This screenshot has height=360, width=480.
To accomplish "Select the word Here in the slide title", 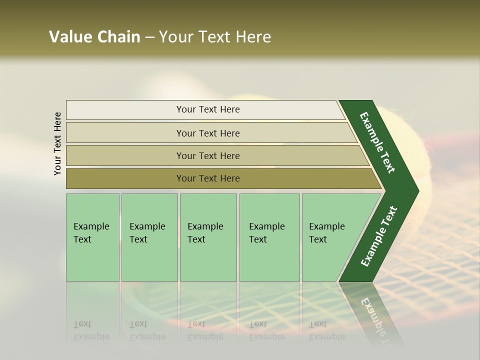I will [253, 37].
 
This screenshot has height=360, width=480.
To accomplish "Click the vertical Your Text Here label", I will [57, 144].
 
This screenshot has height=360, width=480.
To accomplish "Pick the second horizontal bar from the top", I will [207, 133].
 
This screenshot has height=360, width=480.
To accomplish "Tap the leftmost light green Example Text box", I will [92, 237].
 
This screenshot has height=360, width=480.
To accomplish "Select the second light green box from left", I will [149, 237].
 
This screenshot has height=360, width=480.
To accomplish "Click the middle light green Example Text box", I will [208, 237].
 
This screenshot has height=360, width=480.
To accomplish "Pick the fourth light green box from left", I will [269, 237].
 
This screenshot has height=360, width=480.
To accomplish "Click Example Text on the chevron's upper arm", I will [377, 142].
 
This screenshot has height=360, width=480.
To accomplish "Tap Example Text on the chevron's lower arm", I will [378, 236].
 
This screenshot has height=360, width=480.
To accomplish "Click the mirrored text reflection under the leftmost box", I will [91, 331].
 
